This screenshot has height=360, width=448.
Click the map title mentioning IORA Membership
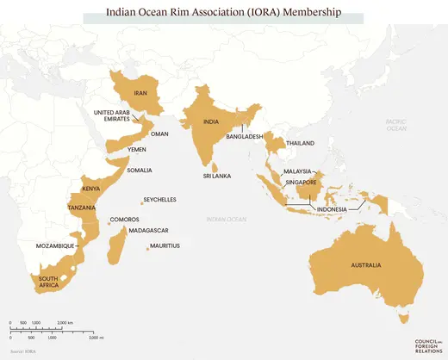click(223, 14)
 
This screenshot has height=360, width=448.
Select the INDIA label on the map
click(210, 122)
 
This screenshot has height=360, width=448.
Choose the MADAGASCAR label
click(148, 230)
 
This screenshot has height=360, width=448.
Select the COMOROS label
click(124, 220)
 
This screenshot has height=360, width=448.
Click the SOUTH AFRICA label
click(47, 282)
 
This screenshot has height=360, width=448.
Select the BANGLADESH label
click(244, 137)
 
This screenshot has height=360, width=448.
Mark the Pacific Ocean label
click(397, 126)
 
